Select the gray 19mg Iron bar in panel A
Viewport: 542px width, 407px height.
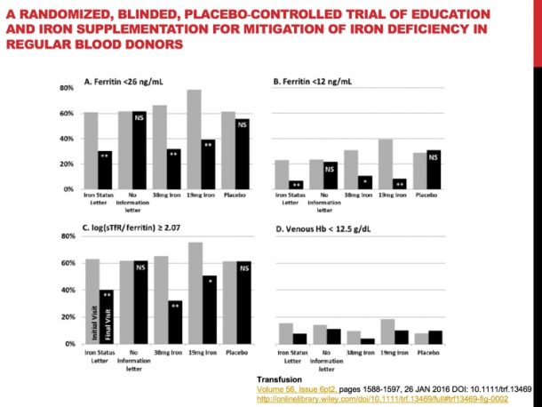coord(193,140)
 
